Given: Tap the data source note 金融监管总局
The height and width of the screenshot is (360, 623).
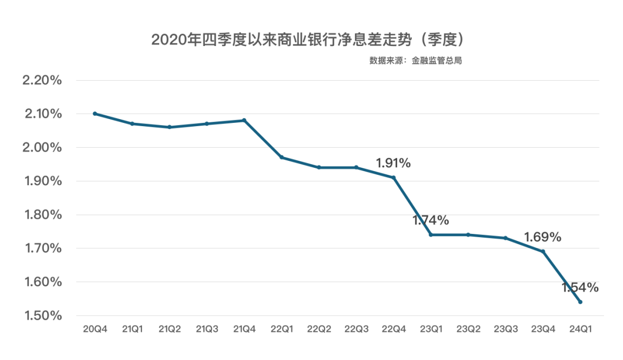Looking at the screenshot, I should tap(416, 61).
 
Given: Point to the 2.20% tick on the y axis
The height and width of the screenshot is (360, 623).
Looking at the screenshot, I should tap(42, 81).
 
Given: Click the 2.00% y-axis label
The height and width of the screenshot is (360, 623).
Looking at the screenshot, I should tap(42, 148).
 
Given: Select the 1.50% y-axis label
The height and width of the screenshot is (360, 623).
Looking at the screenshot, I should tap(42, 316).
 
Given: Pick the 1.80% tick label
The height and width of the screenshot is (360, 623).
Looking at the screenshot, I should tap(42, 215).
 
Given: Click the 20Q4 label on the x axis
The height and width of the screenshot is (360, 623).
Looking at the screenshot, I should tap(95, 329).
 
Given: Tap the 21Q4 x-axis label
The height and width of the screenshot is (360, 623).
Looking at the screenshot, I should tap(244, 329).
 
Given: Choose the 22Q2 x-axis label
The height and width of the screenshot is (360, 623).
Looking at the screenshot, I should tap(319, 329).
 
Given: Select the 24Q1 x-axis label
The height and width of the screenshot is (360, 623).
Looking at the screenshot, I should tap(580, 329).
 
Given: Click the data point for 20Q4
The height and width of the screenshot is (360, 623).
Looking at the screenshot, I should tap(95, 114).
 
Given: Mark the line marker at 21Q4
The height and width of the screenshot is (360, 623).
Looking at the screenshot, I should tap(244, 120).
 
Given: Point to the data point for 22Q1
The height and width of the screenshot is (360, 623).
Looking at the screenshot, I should tap(282, 158).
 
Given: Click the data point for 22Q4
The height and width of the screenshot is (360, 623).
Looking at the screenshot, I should tap(394, 178).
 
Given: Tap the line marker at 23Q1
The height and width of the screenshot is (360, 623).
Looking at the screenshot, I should tap(431, 234).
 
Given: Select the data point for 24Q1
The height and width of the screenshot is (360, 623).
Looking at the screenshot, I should tap(580, 302).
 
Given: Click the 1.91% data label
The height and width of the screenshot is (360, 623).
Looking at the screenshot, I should tap(393, 163).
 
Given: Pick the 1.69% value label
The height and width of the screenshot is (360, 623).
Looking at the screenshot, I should tap(542, 237).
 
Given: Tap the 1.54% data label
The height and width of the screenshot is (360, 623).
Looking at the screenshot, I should tap(580, 287).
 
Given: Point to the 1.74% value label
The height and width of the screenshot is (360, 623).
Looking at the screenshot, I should tap(431, 220).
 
